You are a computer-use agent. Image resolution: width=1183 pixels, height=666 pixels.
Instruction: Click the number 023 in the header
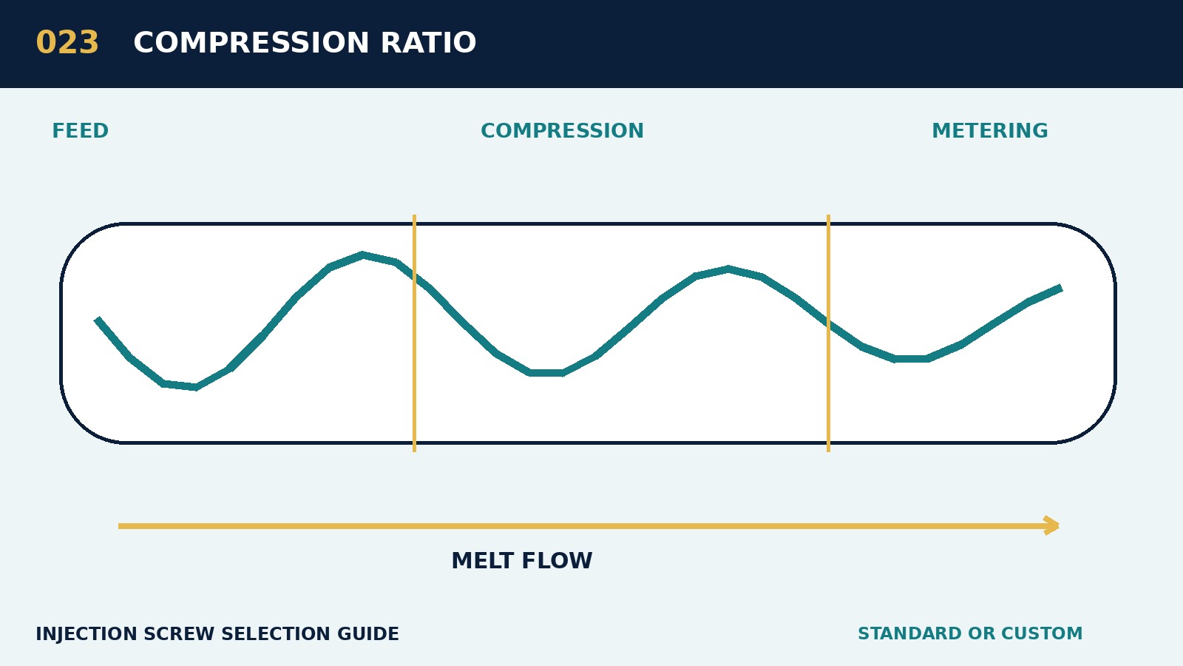point(67,43)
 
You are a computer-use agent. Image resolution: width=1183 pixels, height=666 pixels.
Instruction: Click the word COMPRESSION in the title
point(251,43)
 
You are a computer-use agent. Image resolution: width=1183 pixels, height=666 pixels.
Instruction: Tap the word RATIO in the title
point(428,43)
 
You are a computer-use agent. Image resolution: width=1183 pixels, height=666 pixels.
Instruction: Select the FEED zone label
point(81,130)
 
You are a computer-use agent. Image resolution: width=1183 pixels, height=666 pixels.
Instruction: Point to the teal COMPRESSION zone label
point(562,130)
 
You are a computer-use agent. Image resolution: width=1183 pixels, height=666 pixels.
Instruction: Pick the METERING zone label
point(990,130)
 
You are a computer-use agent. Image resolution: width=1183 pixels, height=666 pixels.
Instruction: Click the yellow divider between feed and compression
point(415,333)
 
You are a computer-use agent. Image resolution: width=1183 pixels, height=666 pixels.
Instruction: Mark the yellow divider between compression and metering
point(828,333)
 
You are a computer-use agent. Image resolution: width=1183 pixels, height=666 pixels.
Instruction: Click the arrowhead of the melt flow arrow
point(1053,525)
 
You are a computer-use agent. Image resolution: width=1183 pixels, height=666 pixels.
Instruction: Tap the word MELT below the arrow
point(483,561)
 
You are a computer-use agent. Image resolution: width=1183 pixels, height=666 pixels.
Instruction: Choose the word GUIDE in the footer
point(368,633)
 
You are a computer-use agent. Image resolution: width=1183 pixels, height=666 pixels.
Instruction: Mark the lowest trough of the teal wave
point(196,387)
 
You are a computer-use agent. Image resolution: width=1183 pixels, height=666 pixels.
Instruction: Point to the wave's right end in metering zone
point(1060,288)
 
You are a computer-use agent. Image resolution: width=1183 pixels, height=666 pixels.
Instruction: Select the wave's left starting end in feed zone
point(98,320)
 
